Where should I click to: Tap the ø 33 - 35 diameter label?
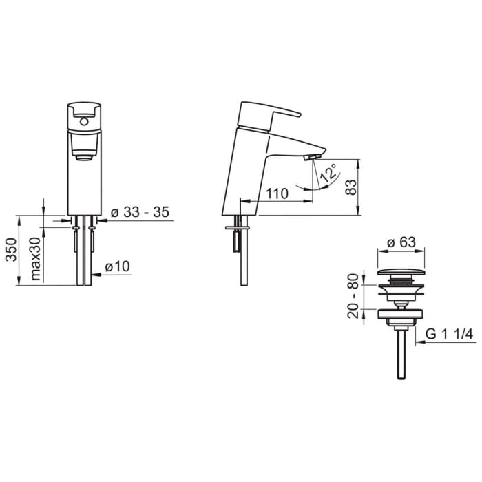(140, 212)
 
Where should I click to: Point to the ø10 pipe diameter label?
(118, 266)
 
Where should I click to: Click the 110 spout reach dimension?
(276, 193)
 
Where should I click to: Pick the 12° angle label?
(328, 172)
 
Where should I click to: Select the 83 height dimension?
(351, 187)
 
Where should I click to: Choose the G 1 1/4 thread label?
(448, 333)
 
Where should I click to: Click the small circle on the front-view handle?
(83, 123)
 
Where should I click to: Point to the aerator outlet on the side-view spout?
(309, 158)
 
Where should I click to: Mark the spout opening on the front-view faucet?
(83, 157)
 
